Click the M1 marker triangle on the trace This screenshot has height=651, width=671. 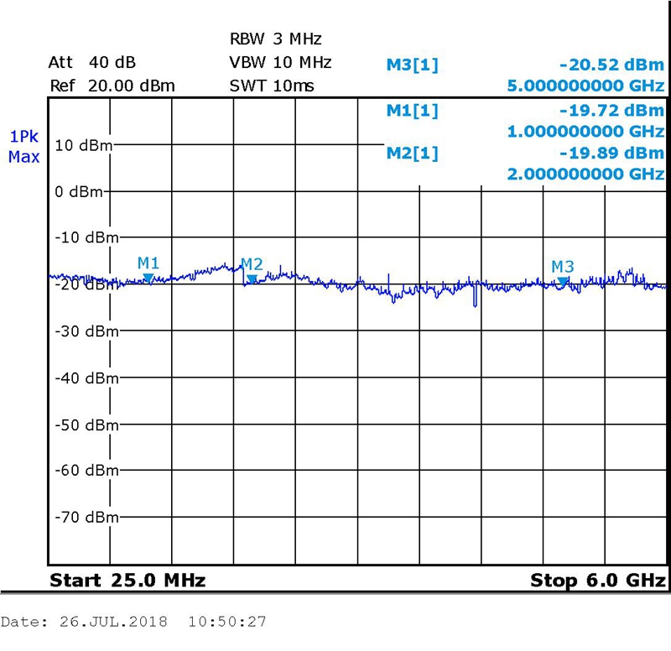coord(148,277)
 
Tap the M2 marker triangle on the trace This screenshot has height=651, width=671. coord(252,279)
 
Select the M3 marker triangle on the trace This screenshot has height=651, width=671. coord(564,280)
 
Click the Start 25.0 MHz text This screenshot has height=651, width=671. coord(127,581)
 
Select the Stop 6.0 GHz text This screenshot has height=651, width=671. coord(597,581)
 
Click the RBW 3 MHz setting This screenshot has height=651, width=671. coord(276,39)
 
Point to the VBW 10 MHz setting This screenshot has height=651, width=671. coord(280,62)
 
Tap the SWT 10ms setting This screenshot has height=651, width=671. coord(272,86)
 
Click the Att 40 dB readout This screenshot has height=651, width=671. coord(92,63)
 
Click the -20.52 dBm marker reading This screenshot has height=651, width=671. coord(611,64)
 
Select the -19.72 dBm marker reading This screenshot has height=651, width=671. coord(611,110)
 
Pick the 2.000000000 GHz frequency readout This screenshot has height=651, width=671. coord(586,174)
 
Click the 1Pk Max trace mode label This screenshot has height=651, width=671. coord(23,146)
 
